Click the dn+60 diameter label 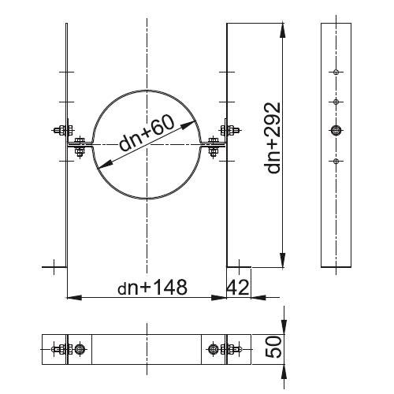tap(147, 132)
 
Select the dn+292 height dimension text tap(273, 138)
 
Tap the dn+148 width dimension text tap(152, 287)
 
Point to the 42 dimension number tap(238, 287)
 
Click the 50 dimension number tap(273, 347)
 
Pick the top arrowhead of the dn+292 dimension tap(283, 31)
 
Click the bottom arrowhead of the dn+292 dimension tap(283, 260)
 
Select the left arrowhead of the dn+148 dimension tap(75, 298)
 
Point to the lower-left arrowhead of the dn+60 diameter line tap(106, 165)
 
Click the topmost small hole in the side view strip tap(336, 72)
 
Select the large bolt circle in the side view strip tap(336, 130)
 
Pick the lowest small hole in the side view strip tap(336, 161)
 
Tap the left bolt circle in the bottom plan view tap(80, 349)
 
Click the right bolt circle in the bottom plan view tap(213, 349)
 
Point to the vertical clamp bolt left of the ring tap(80, 147)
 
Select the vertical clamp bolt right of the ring tap(213, 147)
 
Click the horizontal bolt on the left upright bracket tap(63, 130)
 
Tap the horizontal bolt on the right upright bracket tap(230, 130)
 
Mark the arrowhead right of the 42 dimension tap(258, 298)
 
